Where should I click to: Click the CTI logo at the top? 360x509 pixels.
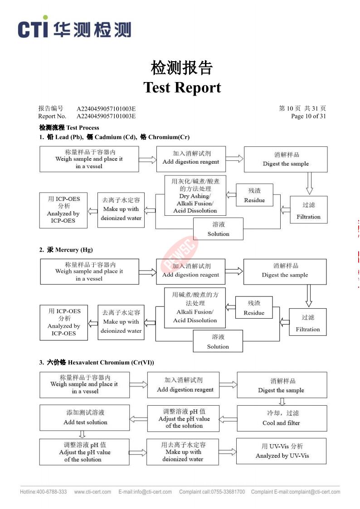click(x=74, y=27)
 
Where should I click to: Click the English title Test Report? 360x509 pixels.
click(x=182, y=87)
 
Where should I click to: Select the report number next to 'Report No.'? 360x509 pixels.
click(x=106, y=116)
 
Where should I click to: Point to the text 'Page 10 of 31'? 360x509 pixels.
click(x=308, y=116)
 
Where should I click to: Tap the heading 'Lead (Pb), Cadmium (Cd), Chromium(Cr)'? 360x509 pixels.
click(x=118, y=137)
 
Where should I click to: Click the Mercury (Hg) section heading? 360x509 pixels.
click(x=70, y=250)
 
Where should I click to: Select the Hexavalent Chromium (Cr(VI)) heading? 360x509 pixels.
click(x=100, y=362)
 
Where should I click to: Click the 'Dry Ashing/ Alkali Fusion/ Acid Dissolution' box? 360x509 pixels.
click(x=195, y=196)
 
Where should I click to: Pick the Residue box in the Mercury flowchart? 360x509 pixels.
click(x=254, y=307)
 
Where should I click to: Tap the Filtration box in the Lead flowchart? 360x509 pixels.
click(x=308, y=210)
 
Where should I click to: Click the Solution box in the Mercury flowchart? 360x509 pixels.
click(x=218, y=341)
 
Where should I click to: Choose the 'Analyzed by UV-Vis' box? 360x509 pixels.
click(x=282, y=451)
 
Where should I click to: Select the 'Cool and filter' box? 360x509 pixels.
click(x=282, y=418)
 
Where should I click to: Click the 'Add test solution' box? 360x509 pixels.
click(x=85, y=417)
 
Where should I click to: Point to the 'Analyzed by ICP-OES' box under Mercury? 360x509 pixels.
click(x=63, y=323)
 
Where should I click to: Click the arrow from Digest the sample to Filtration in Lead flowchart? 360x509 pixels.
click(x=309, y=184)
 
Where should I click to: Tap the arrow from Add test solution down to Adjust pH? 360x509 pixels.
click(x=82, y=435)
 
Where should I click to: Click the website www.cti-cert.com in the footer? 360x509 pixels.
click(x=92, y=492)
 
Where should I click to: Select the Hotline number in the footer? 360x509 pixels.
click(x=44, y=492)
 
